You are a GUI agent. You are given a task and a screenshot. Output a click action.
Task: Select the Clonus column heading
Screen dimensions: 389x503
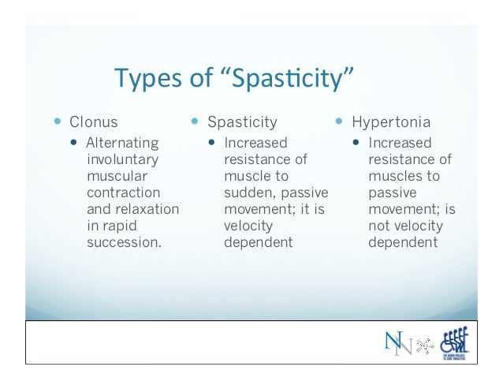pyautogui.click(x=93, y=122)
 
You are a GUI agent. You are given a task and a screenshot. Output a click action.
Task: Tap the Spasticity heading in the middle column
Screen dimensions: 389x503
pyautogui.click(x=242, y=122)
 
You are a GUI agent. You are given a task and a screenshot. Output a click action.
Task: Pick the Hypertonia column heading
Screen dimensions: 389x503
pyautogui.click(x=391, y=122)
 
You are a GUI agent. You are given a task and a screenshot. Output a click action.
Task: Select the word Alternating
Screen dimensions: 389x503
pyautogui.click(x=121, y=144)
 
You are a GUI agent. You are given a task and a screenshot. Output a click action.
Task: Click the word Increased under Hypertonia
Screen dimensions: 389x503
pyautogui.click(x=400, y=144)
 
